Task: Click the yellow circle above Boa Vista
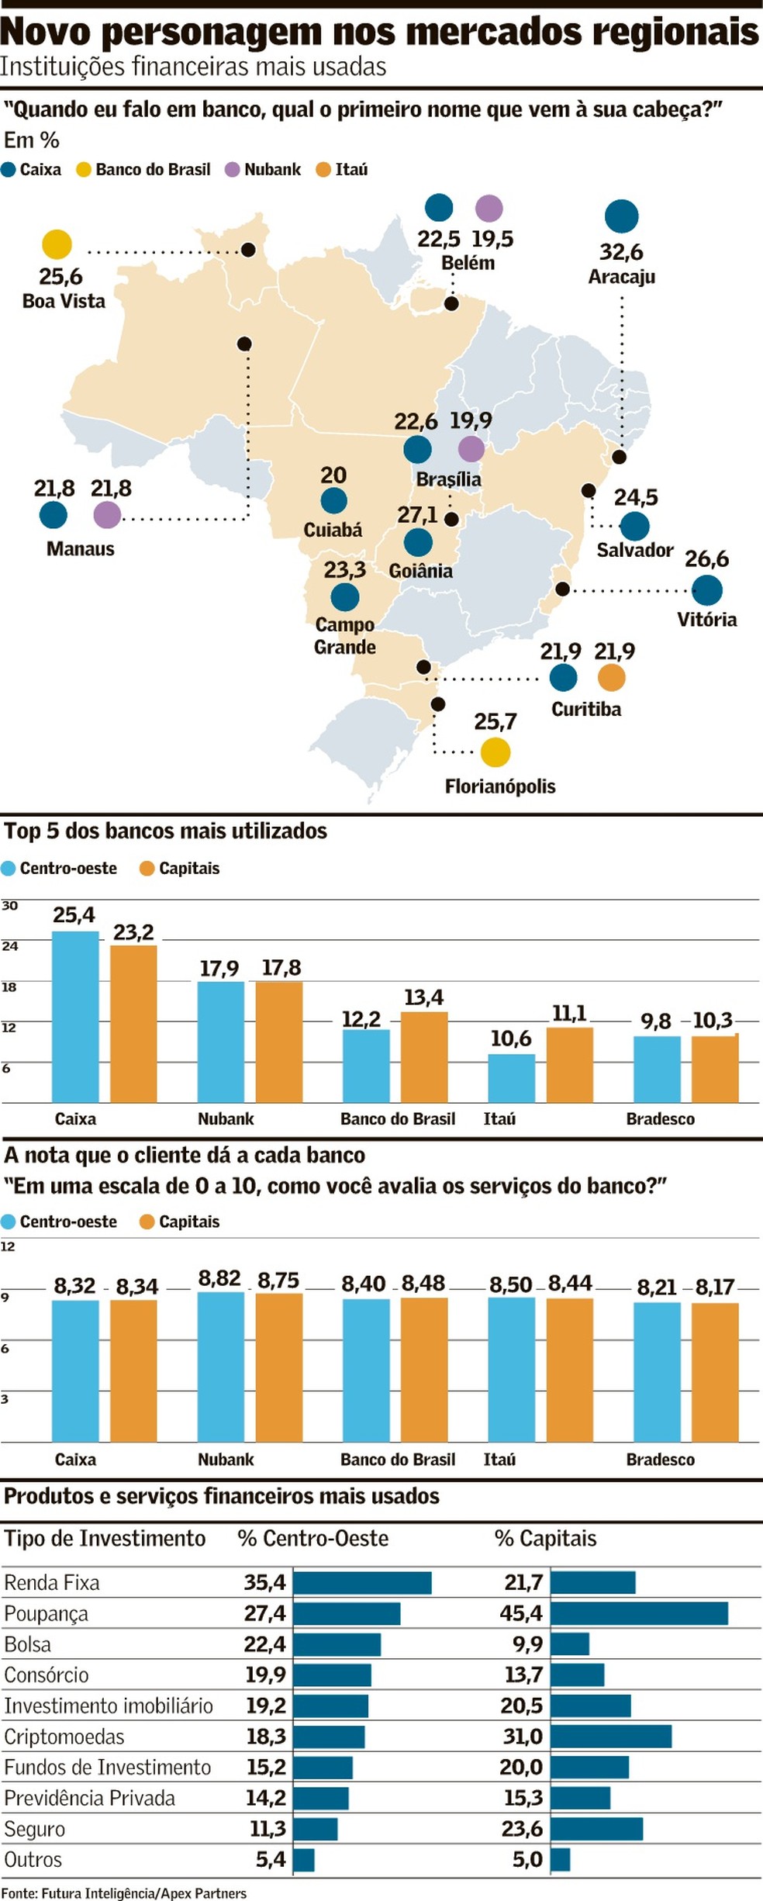[x=57, y=244]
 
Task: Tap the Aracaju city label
[x=621, y=277]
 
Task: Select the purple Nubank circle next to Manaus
[x=107, y=515]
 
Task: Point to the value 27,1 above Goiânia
[x=417, y=515]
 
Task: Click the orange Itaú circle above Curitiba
[x=612, y=678]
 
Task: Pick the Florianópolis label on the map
[x=500, y=786]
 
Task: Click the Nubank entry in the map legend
[x=271, y=170]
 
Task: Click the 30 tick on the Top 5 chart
[x=9, y=906]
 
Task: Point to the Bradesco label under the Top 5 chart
[x=660, y=1119]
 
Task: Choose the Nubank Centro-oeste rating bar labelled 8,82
[x=221, y=1366]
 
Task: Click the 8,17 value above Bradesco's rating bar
[x=714, y=1287]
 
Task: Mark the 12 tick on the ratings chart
[x=8, y=1246]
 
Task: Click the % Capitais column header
[x=545, y=1539]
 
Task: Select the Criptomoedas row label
[x=64, y=1737]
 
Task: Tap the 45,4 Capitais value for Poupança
[x=521, y=1613]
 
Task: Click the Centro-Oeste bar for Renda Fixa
[x=362, y=1582]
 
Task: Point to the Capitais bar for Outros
[x=561, y=1859]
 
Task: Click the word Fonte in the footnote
[x=19, y=1893]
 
